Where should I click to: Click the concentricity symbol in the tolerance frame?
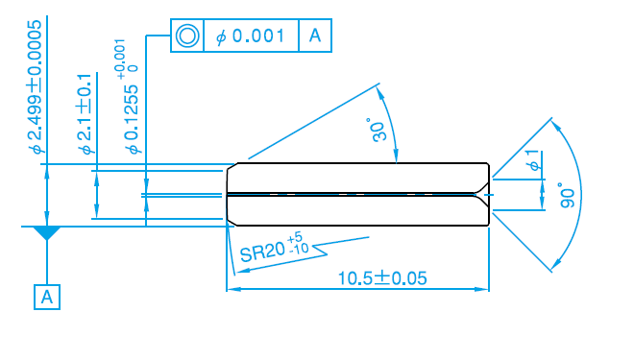point(187,36)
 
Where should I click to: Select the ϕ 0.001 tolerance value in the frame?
point(251,36)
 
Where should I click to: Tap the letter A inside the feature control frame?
point(315,36)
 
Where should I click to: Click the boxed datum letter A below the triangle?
point(47,298)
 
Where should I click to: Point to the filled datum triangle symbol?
point(47,232)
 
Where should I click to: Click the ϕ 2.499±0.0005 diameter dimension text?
point(36,86)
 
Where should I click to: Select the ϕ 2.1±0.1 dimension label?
point(85,114)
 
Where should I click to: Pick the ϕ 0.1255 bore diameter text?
point(133,119)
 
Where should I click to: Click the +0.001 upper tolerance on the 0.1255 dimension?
point(120,60)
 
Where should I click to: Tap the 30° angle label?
point(378,130)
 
